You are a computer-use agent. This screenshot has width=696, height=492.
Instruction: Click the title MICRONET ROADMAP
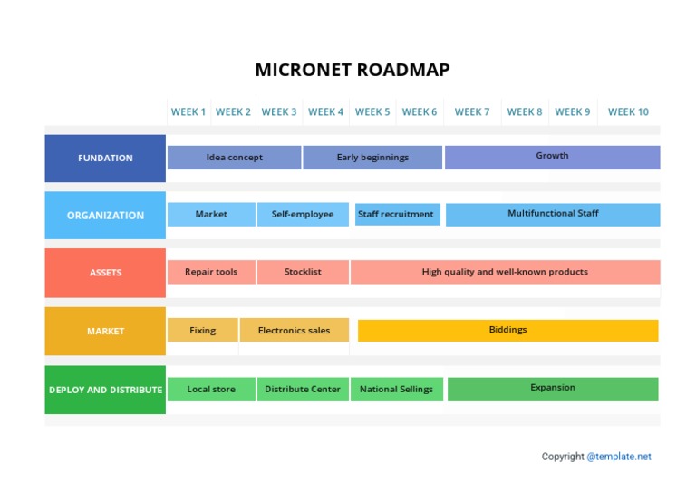point(352,70)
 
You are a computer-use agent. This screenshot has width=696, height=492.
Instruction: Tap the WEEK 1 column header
point(188,112)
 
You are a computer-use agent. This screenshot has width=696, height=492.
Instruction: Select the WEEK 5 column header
point(372,112)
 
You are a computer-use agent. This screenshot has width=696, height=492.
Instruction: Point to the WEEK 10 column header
point(628,112)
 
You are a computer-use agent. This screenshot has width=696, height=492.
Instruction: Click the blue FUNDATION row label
point(105,159)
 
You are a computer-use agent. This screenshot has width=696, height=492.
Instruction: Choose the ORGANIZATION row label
point(105,216)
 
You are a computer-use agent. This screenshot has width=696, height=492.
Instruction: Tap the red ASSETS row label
point(105,273)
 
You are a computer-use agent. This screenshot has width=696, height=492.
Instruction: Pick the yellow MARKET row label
point(105,332)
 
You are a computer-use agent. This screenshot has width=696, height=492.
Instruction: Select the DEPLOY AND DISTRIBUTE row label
point(105,390)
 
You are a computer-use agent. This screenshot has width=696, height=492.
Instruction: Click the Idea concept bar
point(234,158)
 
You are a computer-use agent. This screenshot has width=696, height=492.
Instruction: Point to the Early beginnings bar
point(372,158)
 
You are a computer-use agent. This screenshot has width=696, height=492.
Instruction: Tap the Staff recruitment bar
point(395,215)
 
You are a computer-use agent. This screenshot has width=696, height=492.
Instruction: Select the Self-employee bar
point(303,215)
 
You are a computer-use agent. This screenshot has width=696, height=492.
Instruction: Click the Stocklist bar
point(303,272)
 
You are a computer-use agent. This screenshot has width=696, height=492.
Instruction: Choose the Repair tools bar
point(211,272)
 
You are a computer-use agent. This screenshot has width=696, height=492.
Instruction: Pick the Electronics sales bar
point(294,331)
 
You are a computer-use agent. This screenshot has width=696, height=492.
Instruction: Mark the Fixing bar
point(202,331)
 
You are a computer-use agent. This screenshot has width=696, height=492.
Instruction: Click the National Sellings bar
point(396,390)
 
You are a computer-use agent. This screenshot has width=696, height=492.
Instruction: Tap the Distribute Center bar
point(303,390)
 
